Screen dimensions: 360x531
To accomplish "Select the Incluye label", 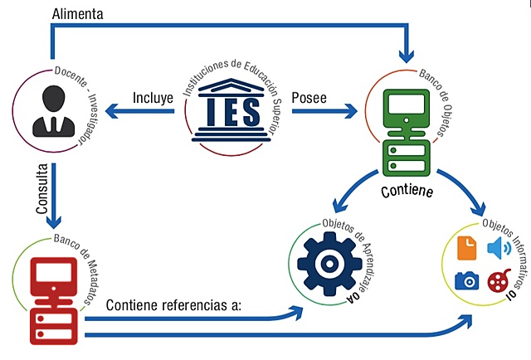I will [x=153, y=98].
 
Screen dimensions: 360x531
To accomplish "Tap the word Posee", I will [x=308, y=98].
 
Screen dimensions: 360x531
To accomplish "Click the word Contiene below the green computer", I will [x=409, y=191].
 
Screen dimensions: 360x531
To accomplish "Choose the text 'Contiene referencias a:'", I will [x=173, y=305].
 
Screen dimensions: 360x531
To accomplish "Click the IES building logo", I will [x=230, y=116].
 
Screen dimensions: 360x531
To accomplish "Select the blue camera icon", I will [x=467, y=280].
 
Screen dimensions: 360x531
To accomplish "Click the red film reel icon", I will [x=498, y=280].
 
